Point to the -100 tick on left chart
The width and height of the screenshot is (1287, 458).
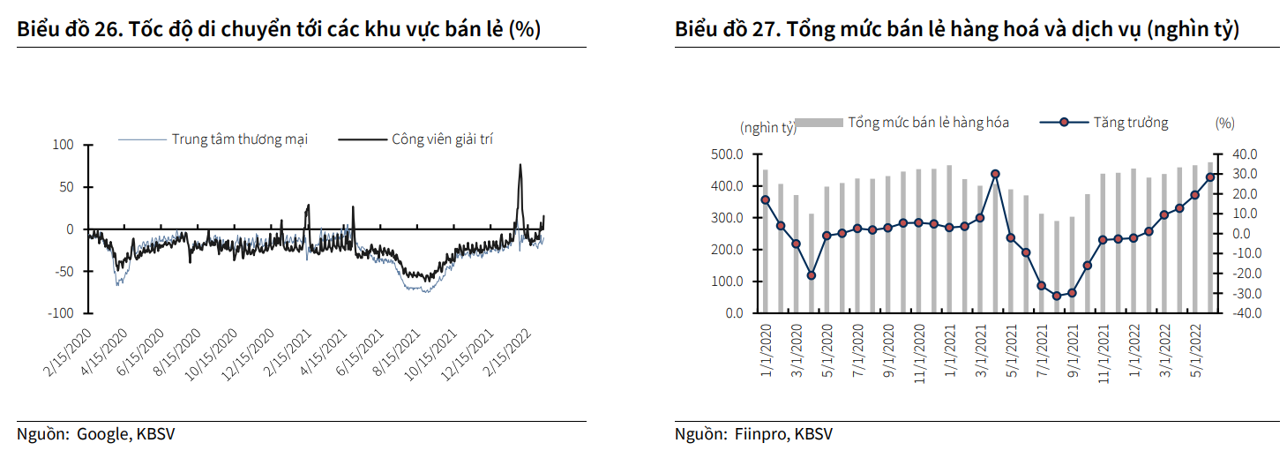tap(61, 313)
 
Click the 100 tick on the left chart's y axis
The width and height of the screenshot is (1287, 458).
tap(64, 145)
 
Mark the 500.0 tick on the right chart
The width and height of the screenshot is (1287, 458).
tap(727, 154)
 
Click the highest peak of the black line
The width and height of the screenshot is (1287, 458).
tap(520, 165)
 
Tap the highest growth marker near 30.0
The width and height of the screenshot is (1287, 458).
tap(995, 174)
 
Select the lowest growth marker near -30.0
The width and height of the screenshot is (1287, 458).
tap(1057, 297)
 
